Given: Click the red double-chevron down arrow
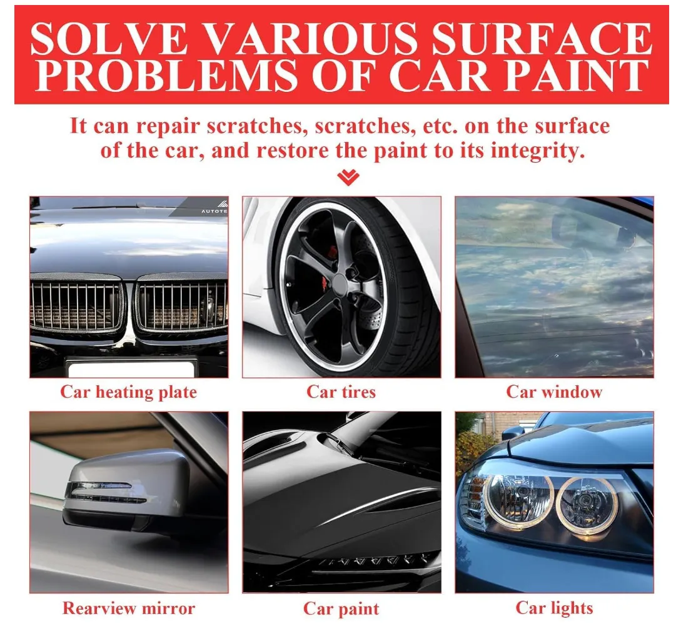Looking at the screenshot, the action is pos(348,177).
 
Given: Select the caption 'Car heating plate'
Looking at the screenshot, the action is pos(129,392).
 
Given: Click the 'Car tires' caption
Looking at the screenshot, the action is pos(341,392).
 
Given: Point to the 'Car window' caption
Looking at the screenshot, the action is pos(554,392).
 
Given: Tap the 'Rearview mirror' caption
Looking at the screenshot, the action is pos(129,608).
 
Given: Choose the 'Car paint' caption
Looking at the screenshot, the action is pos(341,609).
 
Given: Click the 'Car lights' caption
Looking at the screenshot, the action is pos(554,608).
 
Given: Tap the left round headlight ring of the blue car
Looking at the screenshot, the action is pos(520,500).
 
